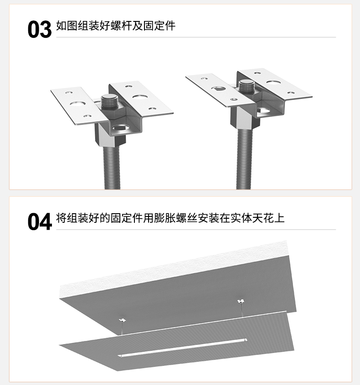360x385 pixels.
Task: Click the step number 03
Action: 40,30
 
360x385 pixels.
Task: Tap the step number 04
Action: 40,222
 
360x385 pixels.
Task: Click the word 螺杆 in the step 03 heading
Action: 121,26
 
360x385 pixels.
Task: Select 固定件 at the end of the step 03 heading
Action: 159,26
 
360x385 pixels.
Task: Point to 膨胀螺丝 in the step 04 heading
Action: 175,218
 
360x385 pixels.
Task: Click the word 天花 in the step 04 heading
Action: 262,218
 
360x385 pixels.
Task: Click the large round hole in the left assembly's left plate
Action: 77,104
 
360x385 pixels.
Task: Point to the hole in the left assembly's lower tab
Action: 119,128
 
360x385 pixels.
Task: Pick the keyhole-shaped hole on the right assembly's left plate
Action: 219,89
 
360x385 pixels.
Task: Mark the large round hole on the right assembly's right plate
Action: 273,82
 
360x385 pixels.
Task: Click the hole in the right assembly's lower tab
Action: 263,111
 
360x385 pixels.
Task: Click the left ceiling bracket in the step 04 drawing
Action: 122,320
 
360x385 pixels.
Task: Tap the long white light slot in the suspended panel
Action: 182,348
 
